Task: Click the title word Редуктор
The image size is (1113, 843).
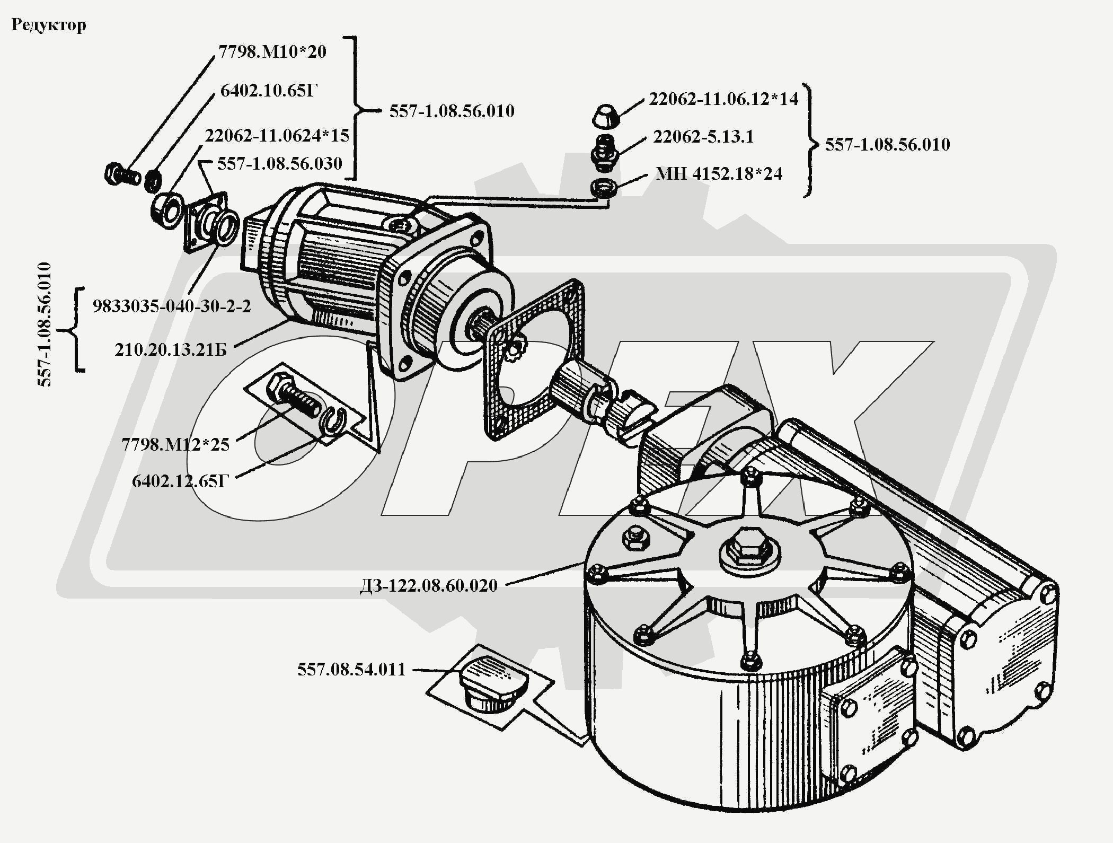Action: [48, 25]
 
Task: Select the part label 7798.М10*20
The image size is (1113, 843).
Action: [272, 52]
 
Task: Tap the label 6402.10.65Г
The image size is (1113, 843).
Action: [269, 91]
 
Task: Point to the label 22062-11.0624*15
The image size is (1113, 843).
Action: [277, 136]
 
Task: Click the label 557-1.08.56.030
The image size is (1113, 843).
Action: [280, 163]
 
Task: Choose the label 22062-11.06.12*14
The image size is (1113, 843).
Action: [723, 99]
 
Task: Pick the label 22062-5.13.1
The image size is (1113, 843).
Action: [703, 137]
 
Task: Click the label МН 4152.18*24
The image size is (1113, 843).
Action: [719, 174]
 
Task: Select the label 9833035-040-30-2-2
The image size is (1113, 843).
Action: [172, 306]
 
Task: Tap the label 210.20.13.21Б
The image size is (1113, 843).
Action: [171, 350]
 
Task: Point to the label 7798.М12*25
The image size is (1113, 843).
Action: [175, 444]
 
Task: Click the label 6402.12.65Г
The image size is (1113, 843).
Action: [180, 481]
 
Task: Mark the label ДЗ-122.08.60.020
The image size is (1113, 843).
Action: [428, 586]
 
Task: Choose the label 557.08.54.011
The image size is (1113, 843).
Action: [351, 670]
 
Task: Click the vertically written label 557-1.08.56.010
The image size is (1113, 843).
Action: [46, 324]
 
